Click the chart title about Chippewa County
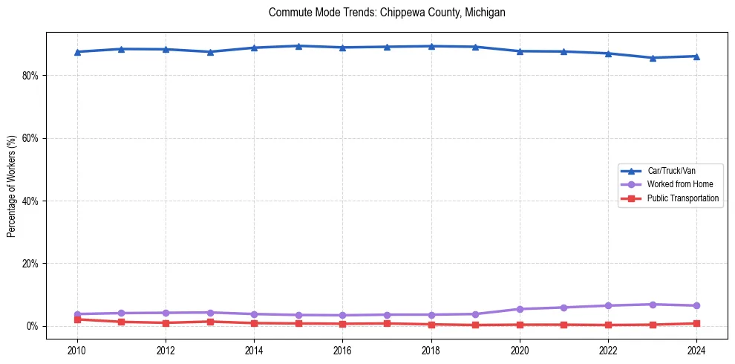tap(387, 13)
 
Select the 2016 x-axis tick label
tap(342, 350)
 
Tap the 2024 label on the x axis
tap(696, 350)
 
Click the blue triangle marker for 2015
tap(298, 46)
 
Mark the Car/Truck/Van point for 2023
tap(653, 58)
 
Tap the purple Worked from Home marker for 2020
tap(520, 309)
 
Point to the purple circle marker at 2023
tap(653, 305)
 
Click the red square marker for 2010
tap(77, 319)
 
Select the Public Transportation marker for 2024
tap(696, 323)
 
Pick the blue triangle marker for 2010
tap(77, 52)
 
